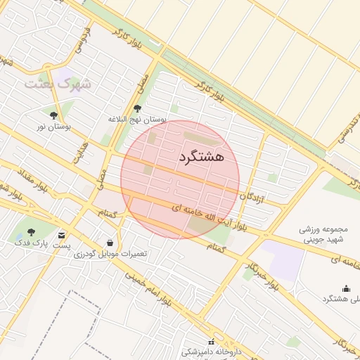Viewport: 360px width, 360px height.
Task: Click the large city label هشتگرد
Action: [201, 156]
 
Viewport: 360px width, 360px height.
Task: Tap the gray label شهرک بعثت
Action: [58, 84]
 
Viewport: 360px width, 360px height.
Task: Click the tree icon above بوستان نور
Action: [53, 115]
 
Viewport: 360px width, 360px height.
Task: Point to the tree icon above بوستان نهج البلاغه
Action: [137, 108]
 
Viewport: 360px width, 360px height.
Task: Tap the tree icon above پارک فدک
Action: [31, 231]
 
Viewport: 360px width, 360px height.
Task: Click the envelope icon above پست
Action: [63, 234]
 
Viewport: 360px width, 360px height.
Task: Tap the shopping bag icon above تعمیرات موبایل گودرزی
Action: [109, 243]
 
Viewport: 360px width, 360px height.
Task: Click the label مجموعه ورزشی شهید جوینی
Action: [319, 234]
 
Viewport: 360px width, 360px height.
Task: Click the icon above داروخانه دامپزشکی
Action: [210, 341]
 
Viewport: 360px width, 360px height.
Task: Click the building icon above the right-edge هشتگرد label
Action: [345, 288]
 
